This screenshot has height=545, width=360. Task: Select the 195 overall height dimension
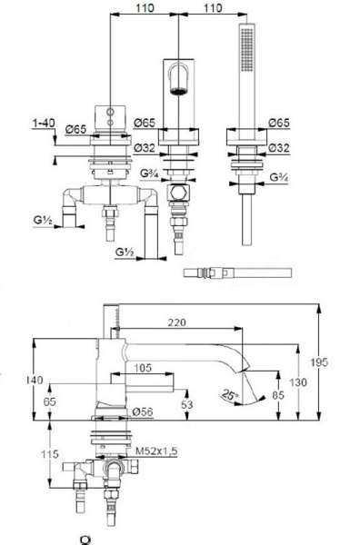pos(336,362)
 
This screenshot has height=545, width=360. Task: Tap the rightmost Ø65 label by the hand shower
pos(279,121)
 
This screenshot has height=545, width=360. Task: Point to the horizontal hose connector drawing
pos(235,272)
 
